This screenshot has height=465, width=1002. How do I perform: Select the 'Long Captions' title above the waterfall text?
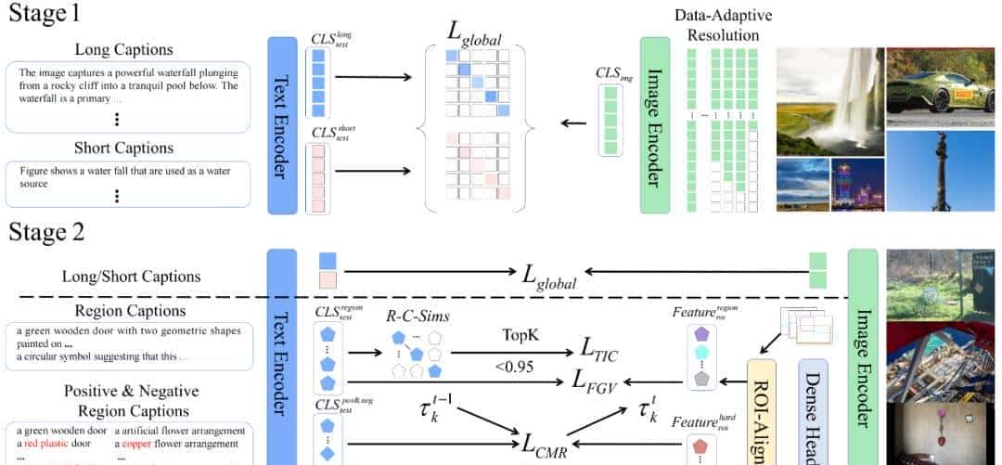point(123,49)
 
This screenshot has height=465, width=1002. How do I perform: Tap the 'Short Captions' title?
point(123,149)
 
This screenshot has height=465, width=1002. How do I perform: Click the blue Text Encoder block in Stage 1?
point(281,125)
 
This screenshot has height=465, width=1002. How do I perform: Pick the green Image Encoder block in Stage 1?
point(655,125)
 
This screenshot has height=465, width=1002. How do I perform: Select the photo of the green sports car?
point(943,85)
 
